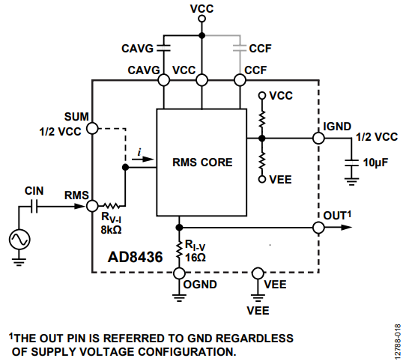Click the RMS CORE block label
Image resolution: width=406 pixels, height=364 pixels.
202,163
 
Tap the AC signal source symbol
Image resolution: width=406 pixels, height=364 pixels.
19,239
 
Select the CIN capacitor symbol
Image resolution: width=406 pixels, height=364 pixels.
34,206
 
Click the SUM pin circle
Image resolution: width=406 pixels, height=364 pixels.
92,128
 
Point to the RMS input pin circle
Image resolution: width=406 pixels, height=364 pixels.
92,206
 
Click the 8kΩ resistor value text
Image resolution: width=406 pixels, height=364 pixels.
111,230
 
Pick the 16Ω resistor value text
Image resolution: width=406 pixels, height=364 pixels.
196,258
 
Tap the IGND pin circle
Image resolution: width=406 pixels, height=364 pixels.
318,138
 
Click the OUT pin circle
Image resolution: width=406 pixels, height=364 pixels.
318,228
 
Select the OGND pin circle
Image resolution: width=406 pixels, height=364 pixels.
179,273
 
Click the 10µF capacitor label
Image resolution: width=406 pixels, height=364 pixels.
375,163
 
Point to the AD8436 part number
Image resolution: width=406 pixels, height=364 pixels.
135,257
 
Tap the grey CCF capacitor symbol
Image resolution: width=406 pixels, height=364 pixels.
240,48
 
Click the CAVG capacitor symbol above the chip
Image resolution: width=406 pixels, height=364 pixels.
163,48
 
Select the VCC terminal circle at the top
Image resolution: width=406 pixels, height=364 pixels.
202,19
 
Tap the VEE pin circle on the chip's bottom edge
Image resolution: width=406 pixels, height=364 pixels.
258,273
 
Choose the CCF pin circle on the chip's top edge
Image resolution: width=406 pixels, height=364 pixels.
240,80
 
